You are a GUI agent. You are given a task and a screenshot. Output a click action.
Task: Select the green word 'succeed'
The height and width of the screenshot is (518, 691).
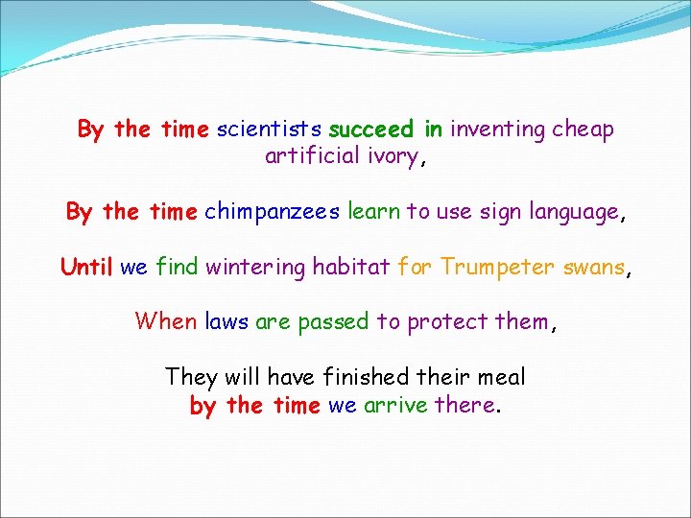coord(370,129)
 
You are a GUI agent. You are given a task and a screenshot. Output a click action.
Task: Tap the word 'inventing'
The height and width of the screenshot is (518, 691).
coord(498,129)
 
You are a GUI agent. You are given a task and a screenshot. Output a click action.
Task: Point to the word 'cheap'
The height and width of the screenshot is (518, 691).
coord(583,129)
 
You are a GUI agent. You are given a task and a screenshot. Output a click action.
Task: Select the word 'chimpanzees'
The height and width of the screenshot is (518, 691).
coord(273,211)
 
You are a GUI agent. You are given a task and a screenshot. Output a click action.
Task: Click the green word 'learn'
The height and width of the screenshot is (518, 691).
coord(373,211)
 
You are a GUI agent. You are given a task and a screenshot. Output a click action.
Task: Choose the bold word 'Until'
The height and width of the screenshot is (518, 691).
coord(86,266)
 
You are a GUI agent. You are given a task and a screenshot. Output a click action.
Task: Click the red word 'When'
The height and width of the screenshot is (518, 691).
coord(166,320)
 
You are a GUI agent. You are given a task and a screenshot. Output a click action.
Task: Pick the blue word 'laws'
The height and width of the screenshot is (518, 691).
coord(226,320)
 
